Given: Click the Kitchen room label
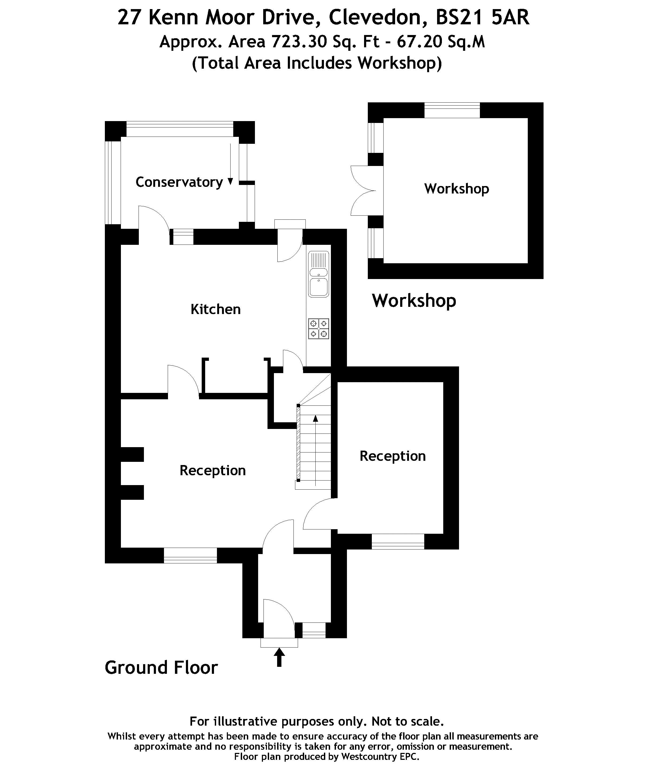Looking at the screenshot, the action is tap(215, 309).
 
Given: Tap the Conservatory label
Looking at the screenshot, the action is tap(179, 182).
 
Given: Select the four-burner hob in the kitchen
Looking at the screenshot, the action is tap(319, 328).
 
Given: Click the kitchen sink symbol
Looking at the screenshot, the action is tap(319, 274).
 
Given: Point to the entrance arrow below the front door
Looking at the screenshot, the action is tap(279, 657).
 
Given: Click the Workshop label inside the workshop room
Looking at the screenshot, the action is tap(457, 189).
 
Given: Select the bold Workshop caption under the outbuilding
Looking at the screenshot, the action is tap(414, 301).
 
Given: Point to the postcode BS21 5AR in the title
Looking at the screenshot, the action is tap(483, 17).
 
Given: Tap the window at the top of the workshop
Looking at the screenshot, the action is tap(452, 110).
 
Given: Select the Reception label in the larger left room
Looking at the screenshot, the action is tap(212, 470).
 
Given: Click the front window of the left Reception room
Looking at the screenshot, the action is tap(190, 555).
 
